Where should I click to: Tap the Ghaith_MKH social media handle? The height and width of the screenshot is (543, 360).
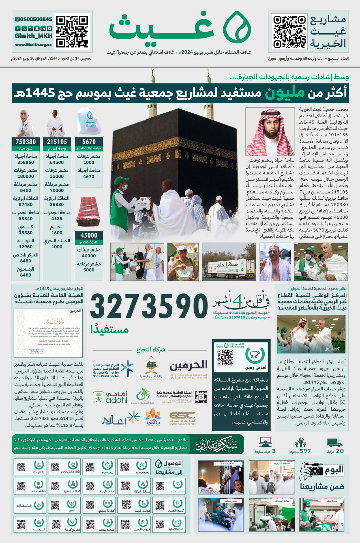[x=34, y=36]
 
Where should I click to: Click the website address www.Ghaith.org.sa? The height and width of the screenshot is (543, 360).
[x=33, y=45]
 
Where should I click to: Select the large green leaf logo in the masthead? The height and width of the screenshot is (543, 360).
[x=237, y=26]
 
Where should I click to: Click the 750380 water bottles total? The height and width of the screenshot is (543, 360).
[x=26, y=142]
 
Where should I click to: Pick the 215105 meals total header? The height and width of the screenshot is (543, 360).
[x=57, y=142]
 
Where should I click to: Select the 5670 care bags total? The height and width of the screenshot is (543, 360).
[x=89, y=142]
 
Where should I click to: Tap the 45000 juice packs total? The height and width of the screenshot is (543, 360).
[x=89, y=235]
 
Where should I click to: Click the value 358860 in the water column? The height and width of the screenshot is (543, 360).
[x=26, y=162]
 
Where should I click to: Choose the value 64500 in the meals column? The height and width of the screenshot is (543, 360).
[x=57, y=162]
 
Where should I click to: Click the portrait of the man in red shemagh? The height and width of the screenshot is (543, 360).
[x=270, y=132]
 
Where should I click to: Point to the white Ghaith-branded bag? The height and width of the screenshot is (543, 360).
[x=89, y=121]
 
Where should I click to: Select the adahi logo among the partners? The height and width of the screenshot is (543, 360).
[x=111, y=397]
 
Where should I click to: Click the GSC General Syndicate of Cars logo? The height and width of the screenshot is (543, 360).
[x=183, y=418]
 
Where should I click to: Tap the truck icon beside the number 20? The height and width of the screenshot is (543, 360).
[x=335, y=443]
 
